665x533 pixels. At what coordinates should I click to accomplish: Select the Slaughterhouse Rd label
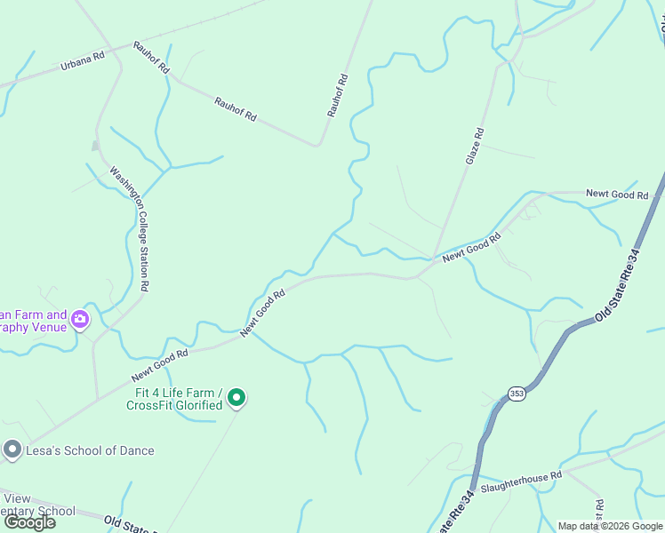(x=521, y=483)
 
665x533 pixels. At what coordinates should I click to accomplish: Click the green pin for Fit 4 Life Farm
(x=236, y=399)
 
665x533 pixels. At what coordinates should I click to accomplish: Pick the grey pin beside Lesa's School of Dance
(x=12, y=450)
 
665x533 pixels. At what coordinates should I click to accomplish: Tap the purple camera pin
(x=81, y=319)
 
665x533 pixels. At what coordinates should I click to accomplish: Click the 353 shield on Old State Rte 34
(x=517, y=394)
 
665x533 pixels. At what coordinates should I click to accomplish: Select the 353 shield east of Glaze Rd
(x=523, y=151)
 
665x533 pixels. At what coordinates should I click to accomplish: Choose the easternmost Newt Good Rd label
(x=617, y=194)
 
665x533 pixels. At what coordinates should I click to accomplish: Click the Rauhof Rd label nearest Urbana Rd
(x=151, y=56)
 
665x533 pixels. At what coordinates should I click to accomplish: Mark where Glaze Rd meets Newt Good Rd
(x=433, y=259)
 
